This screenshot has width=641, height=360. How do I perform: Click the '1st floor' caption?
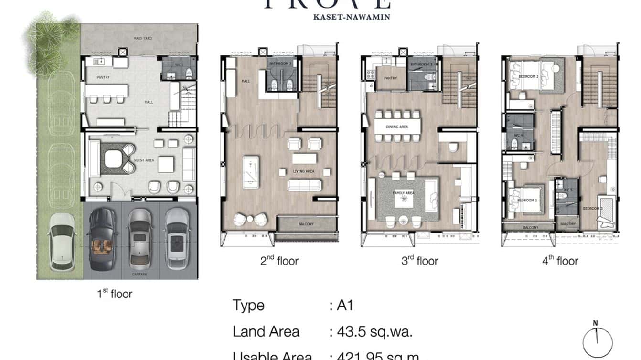point(114,294)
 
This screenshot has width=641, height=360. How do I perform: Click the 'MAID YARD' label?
point(143,38)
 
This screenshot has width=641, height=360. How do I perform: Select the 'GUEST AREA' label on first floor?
point(143,160)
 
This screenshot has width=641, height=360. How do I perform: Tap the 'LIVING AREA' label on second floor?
point(303,171)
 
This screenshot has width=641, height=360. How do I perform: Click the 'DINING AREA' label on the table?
point(397,127)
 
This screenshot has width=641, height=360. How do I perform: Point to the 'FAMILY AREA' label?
point(404,193)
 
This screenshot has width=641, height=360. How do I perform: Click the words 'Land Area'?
point(266,332)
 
